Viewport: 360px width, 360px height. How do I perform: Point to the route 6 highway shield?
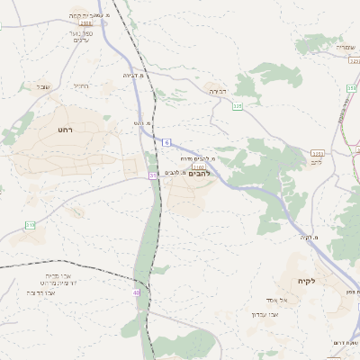pos(167,142)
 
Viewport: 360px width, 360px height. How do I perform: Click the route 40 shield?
pos(136,292)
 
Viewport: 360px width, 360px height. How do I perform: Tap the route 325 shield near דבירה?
pos(238,106)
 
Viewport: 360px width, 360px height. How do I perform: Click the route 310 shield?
pos(30,224)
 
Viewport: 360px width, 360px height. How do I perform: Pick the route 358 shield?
pos(350,88)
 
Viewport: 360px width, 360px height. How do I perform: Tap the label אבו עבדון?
pos(265,314)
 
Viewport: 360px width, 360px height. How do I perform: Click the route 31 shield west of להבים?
pos(153,175)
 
